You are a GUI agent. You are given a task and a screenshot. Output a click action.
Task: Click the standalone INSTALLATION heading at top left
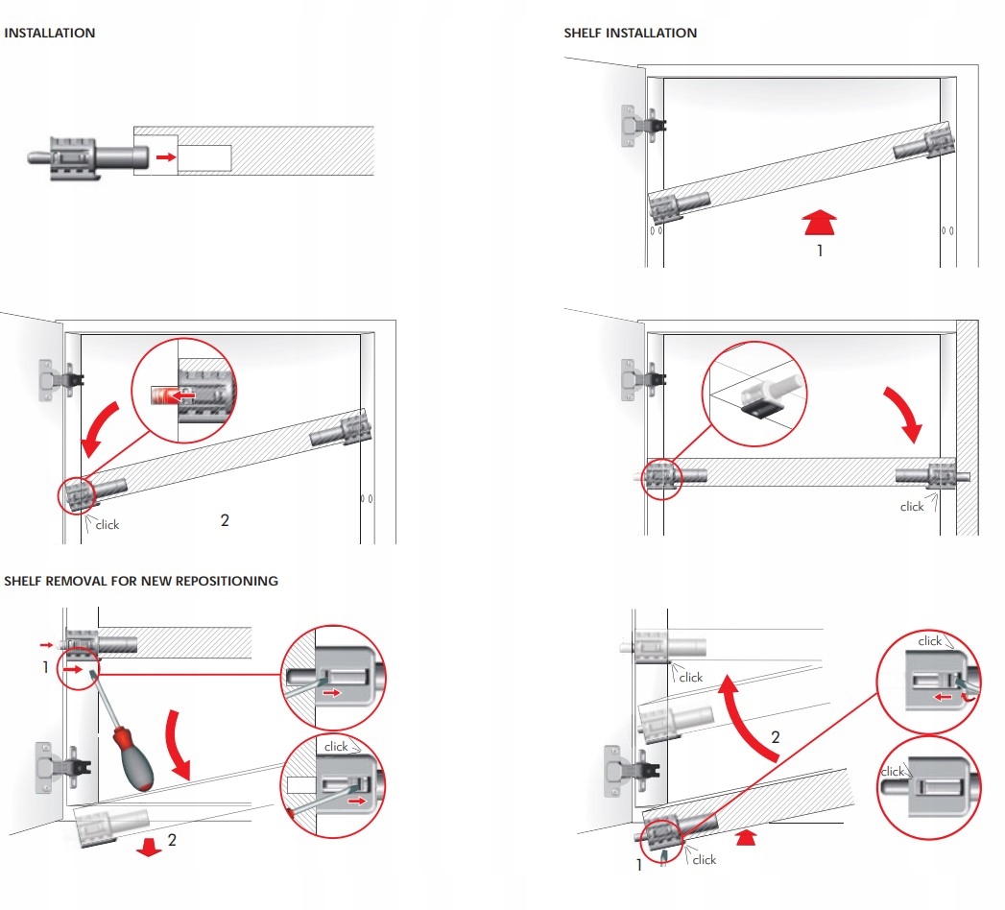click(50, 33)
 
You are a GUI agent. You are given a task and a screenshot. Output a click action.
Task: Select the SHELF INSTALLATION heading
click(630, 33)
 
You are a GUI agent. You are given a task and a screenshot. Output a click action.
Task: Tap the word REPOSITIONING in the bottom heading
click(227, 581)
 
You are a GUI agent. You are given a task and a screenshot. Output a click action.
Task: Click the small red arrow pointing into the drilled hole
click(166, 156)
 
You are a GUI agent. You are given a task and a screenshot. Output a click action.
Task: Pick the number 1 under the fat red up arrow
click(819, 251)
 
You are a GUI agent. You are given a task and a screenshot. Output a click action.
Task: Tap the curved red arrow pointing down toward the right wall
click(905, 414)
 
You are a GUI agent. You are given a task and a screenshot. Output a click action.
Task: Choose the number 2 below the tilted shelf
click(225, 520)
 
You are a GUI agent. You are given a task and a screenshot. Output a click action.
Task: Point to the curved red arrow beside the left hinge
click(100, 429)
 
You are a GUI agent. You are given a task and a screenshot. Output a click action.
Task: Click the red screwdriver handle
click(133, 758)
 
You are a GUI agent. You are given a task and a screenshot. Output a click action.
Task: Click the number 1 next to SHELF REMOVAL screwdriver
click(45, 666)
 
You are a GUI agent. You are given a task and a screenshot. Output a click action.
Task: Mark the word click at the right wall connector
click(911, 506)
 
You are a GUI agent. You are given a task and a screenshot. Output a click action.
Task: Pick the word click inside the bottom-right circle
click(894, 771)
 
